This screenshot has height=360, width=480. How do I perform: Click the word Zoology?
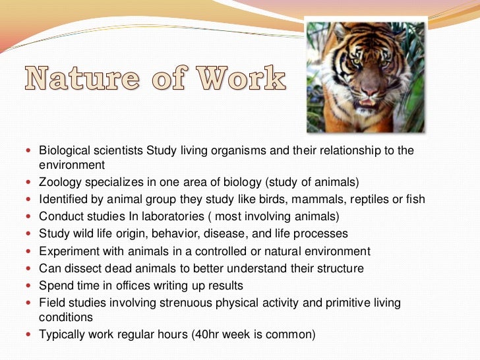(62, 182)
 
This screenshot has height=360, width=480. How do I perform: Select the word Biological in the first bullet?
(65, 150)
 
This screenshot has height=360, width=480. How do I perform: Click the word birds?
(257, 199)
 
